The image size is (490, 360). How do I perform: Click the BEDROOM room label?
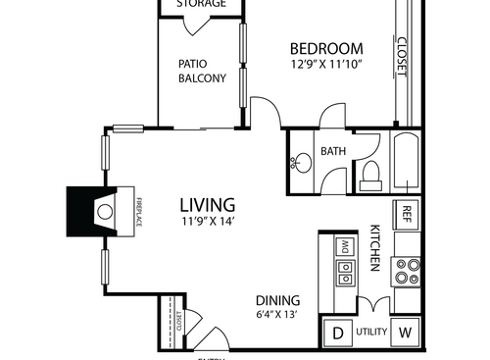[326, 49]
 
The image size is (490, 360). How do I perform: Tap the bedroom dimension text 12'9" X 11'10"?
[326, 66]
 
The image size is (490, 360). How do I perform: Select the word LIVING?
[207, 205]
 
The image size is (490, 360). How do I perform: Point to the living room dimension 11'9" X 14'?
[207, 222]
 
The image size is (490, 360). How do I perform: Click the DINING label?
[278, 300]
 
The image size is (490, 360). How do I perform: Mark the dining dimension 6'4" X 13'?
[278, 315]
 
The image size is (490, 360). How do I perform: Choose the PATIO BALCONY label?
[202, 72]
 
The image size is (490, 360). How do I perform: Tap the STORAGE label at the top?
[201, 4]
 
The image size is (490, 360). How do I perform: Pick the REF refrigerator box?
[407, 213]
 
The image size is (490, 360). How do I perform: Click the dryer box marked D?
[338, 334]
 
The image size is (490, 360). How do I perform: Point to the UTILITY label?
[372, 334]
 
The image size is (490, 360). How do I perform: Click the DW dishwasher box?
[344, 245]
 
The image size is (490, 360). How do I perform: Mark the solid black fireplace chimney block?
[82, 208]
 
